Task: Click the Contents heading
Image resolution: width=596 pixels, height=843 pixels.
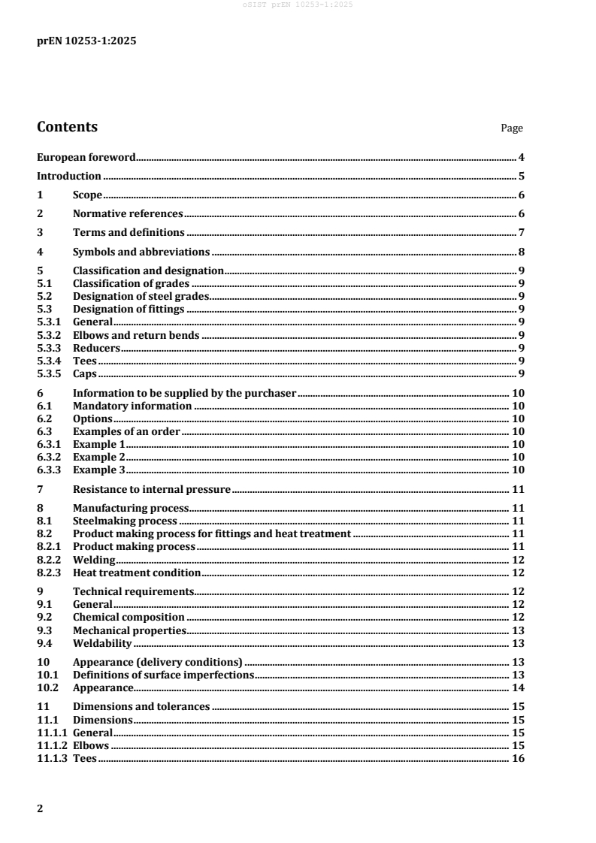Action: (67, 127)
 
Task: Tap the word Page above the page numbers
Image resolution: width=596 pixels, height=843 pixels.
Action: (512, 128)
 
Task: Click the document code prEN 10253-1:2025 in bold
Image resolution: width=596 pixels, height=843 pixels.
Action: (86, 41)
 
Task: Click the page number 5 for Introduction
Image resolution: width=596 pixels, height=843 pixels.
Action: (521, 177)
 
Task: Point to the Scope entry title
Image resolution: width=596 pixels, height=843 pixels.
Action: (87, 195)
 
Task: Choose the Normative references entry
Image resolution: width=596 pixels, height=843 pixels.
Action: (128, 214)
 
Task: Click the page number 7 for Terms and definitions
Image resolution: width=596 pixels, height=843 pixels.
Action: (521, 233)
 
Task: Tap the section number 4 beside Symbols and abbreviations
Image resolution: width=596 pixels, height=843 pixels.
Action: (40, 252)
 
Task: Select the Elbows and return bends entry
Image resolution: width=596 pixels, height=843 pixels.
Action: (136, 335)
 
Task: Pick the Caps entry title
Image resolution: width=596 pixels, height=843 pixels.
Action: (85, 374)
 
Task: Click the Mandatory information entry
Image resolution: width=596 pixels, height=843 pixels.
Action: (132, 406)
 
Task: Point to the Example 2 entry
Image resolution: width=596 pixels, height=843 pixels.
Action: (98, 457)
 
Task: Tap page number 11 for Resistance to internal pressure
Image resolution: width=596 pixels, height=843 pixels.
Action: (518, 489)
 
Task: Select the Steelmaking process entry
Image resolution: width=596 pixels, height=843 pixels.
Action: (125, 521)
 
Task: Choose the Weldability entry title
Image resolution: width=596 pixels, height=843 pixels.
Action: (102, 643)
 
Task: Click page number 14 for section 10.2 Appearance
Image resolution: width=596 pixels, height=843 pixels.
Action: (518, 688)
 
